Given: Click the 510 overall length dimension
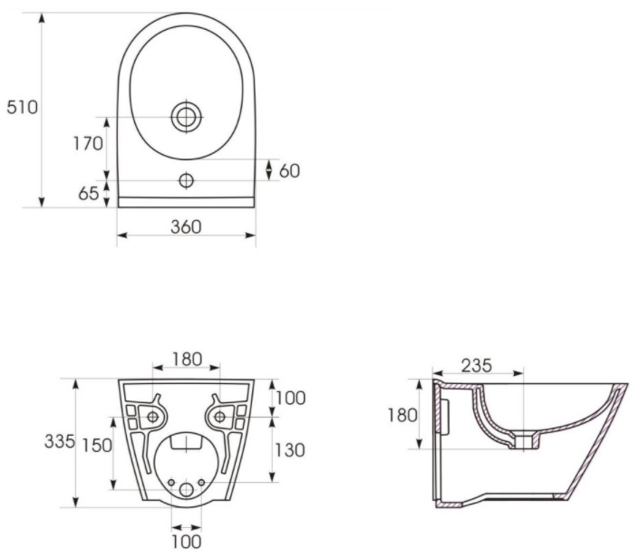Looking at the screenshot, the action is (22, 107).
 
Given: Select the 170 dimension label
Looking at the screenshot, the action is (88, 143).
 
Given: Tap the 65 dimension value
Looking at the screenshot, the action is (89, 194).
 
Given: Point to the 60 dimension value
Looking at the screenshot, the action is (289, 171).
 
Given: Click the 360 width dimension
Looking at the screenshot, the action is (186, 226).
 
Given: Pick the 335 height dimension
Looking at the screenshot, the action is (60, 441).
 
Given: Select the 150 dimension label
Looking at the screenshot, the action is (97, 446).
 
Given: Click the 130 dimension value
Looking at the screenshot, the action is (290, 450).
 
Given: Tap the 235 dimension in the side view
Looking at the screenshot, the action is (477, 366).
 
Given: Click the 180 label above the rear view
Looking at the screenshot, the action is (187, 360).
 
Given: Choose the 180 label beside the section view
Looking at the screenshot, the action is (402, 415).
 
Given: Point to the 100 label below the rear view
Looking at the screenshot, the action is (186, 542).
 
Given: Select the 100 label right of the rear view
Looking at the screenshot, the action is (291, 398).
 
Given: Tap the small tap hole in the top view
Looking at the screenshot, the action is (187, 180).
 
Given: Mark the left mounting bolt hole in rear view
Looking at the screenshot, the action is (153, 417).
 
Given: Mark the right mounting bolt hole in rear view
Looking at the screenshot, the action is (219, 417).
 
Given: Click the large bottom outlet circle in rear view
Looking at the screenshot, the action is (186, 490).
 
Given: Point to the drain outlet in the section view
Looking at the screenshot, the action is (524, 442).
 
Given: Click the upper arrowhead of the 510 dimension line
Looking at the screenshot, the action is (41, 18).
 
